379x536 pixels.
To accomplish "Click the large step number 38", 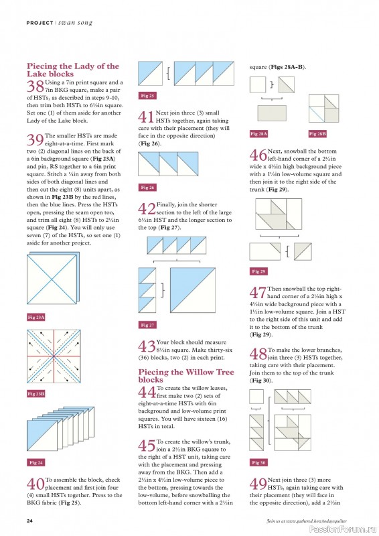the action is click(x=35, y=86).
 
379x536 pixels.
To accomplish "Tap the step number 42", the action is click(x=147, y=208).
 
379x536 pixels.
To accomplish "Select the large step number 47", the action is click(x=258, y=293).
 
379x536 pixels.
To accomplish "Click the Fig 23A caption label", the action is click(x=36, y=317).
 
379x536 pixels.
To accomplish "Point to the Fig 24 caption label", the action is click(x=36, y=462).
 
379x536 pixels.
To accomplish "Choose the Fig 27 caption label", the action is click(x=147, y=325).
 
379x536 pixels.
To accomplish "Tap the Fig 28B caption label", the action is click(x=317, y=133).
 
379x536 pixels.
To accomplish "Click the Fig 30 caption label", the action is click(x=258, y=462).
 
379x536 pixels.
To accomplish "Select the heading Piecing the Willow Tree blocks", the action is click(x=186, y=376).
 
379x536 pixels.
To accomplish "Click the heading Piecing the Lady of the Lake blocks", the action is click(x=73, y=70).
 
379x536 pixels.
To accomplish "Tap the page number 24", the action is click(x=29, y=521).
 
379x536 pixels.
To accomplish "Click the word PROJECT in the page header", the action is click(x=40, y=23).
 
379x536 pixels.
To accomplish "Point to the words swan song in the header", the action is click(x=75, y=23).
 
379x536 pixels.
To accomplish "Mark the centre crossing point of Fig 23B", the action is click(x=54, y=356).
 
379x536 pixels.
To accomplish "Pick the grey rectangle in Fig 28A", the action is click(x=272, y=113).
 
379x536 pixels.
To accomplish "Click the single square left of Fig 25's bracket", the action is click(x=151, y=73).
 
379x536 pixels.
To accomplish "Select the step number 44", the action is click(x=147, y=392).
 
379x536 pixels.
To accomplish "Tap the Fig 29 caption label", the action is click(x=258, y=271).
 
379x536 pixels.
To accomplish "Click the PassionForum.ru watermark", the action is click(x=343, y=529).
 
